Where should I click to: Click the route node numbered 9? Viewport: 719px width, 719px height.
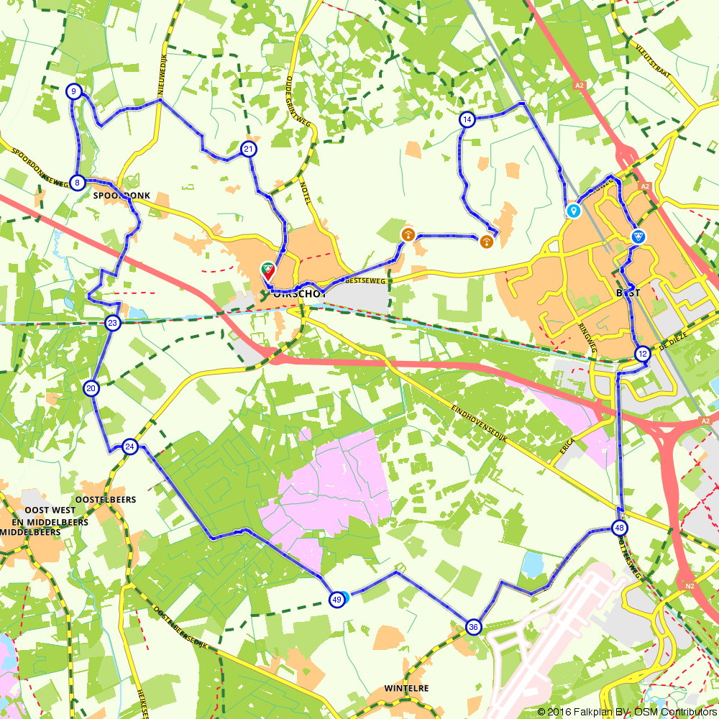73,91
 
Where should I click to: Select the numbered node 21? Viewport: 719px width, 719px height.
248,150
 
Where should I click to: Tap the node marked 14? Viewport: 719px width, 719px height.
467,119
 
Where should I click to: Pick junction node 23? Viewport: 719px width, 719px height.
112,324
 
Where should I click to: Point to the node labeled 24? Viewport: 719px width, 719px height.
129,447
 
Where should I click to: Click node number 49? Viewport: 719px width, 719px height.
336,600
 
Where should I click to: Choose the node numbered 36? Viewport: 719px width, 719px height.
472,627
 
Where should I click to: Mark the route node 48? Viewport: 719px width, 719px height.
619,528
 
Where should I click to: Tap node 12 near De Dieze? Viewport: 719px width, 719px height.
642,354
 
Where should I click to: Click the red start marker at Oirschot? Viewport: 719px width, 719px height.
267,271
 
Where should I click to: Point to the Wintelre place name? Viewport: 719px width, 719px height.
407,688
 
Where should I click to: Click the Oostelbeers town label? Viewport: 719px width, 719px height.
105,499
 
